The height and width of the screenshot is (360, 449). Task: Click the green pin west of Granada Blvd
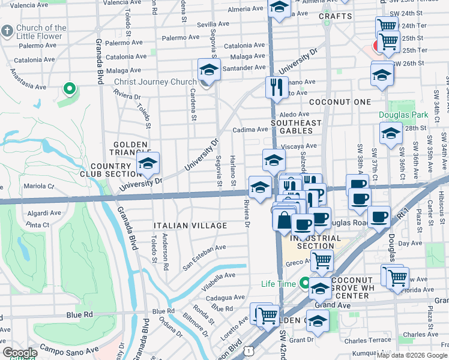tap(70, 89)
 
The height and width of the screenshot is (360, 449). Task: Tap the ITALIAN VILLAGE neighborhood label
tap(190, 226)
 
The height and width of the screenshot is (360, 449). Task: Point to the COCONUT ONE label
tap(340, 102)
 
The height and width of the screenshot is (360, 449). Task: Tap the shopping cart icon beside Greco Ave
tap(322, 261)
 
